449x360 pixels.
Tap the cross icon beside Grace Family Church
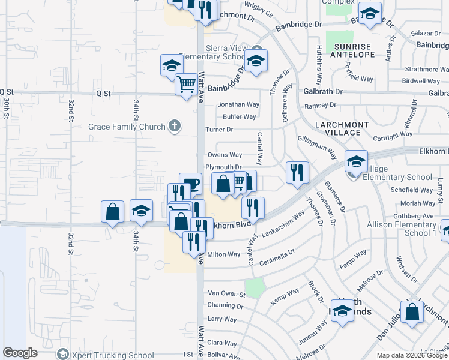point(174,126)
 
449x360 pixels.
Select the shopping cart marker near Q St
point(187,84)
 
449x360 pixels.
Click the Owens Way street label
point(224,155)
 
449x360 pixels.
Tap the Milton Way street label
point(224,254)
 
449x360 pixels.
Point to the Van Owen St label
point(226,294)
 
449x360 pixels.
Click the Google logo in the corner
point(20,353)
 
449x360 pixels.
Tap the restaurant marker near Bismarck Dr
point(297,172)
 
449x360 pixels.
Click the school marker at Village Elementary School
point(356,161)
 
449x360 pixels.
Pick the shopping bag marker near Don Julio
point(412,312)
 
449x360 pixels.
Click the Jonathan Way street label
point(238,104)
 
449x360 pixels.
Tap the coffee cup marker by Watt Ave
point(190,184)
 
